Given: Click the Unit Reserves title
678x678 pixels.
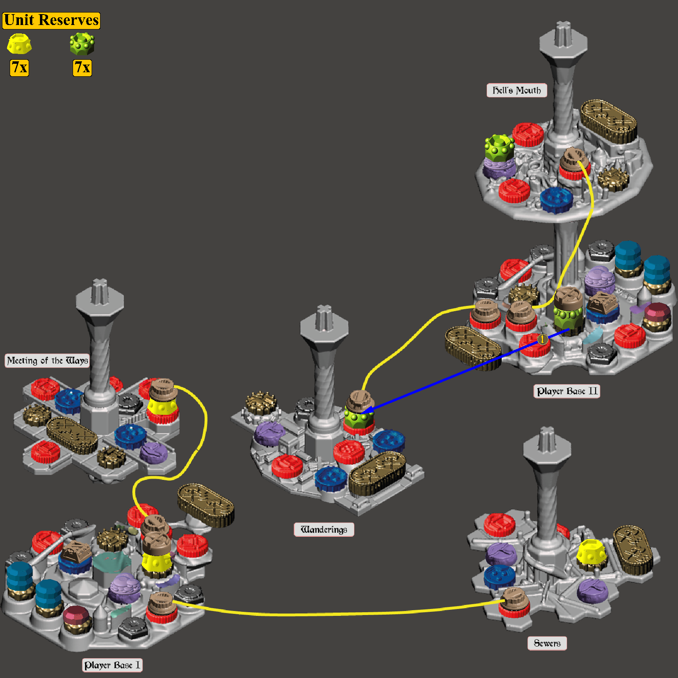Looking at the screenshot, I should (x=51, y=20).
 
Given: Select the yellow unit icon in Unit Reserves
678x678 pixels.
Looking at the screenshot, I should (x=19, y=44).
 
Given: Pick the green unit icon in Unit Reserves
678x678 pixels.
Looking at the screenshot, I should (x=82, y=44).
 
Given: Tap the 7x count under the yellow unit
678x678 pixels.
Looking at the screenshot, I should (x=19, y=67).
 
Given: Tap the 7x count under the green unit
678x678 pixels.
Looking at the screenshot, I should (x=82, y=67).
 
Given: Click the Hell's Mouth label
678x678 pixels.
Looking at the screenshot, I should (x=517, y=90).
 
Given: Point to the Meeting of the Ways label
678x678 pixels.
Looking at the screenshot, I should (x=47, y=360).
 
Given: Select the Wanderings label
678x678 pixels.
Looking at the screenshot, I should (x=324, y=529).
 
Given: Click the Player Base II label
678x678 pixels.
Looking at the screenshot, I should (x=567, y=391).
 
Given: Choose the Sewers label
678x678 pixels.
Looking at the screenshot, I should (x=547, y=643).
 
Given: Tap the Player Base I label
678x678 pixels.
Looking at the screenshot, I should (x=112, y=665).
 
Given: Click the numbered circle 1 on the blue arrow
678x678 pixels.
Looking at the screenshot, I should (x=543, y=339).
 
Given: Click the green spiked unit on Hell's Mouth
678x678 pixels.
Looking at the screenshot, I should (x=499, y=148).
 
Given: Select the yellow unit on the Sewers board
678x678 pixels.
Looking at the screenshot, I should (x=591, y=552).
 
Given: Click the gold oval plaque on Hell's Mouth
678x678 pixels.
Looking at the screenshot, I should (x=609, y=121).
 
